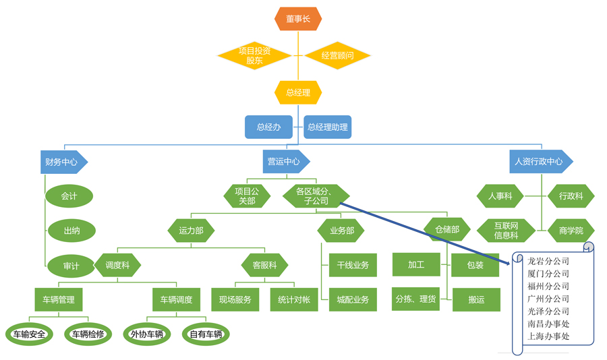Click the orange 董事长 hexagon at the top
coord(298,19)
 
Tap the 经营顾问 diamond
coord(338,55)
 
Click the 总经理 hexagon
coord(298,92)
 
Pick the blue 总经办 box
coord(268,127)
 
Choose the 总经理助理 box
coord(328,127)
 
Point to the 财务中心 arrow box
coord(63,162)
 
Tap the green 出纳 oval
coord(71,231)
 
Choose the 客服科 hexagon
coord(264,265)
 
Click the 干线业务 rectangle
coord(353,265)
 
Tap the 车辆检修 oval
coord(86,334)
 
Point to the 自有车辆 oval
coord(206,334)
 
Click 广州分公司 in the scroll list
coord(548,299)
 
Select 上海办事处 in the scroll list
coord(548,336)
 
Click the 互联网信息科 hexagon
coord(506,231)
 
